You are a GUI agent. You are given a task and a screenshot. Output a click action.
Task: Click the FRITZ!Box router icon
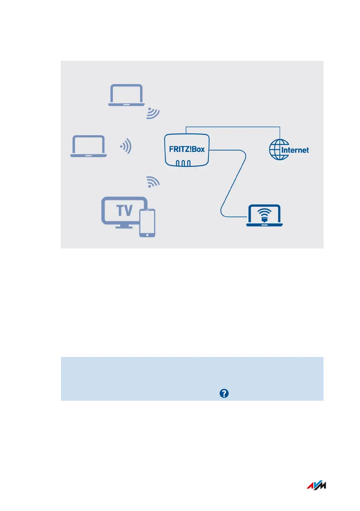pyautogui.click(x=187, y=150)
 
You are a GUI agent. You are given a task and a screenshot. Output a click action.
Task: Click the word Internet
pyautogui.click(x=295, y=151)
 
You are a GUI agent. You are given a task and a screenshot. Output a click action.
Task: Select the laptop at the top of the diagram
pyautogui.click(x=127, y=95)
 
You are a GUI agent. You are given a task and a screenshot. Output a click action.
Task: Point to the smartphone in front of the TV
pyautogui.click(x=147, y=223)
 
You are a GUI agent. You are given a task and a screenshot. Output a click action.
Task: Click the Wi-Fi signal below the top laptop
pyautogui.click(x=153, y=113)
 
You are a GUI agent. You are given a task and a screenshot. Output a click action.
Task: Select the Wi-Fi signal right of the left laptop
pyautogui.click(x=126, y=147)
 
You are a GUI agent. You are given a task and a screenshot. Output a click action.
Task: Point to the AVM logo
pyautogui.click(x=316, y=486)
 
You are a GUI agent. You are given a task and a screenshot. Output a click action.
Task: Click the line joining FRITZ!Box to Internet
pyautogui.click(x=232, y=127)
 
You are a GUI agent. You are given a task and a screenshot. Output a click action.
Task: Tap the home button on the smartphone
pyautogui.click(x=147, y=234)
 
